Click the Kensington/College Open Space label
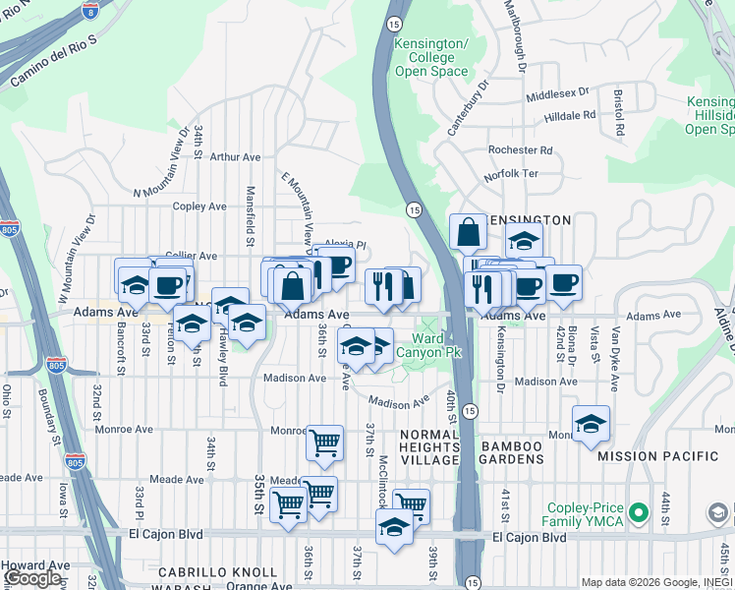[x=430, y=58]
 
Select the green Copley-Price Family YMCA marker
[x=639, y=511]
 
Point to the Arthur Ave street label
[x=235, y=156]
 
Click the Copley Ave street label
[x=199, y=206]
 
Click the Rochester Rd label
[x=521, y=150]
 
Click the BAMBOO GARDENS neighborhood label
[x=512, y=446]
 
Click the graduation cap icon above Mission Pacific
[x=591, y=423]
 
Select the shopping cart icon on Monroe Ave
[x=324, y=442]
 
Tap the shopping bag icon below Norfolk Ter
[x=469, y=232]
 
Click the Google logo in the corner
[x=32, y=578]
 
